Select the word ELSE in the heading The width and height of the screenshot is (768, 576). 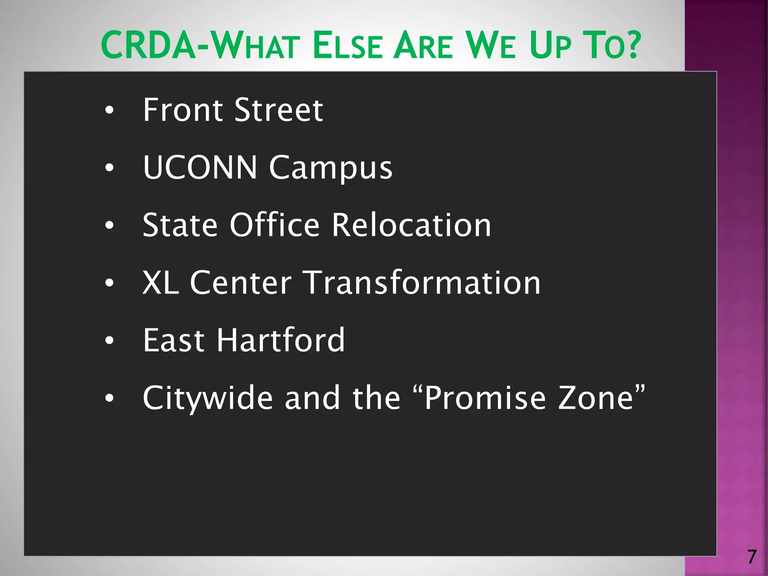pyautogui.click(x=348, y=46)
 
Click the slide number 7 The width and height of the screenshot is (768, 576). pyautogui.click(x=751, y=557)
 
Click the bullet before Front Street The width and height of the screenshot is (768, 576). pyautogui.click(x=109, y=111)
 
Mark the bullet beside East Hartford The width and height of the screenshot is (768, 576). pyautogui.click(x=109, y=340)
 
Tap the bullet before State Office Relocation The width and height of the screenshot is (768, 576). pyautogui.click(x=109, y=225)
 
